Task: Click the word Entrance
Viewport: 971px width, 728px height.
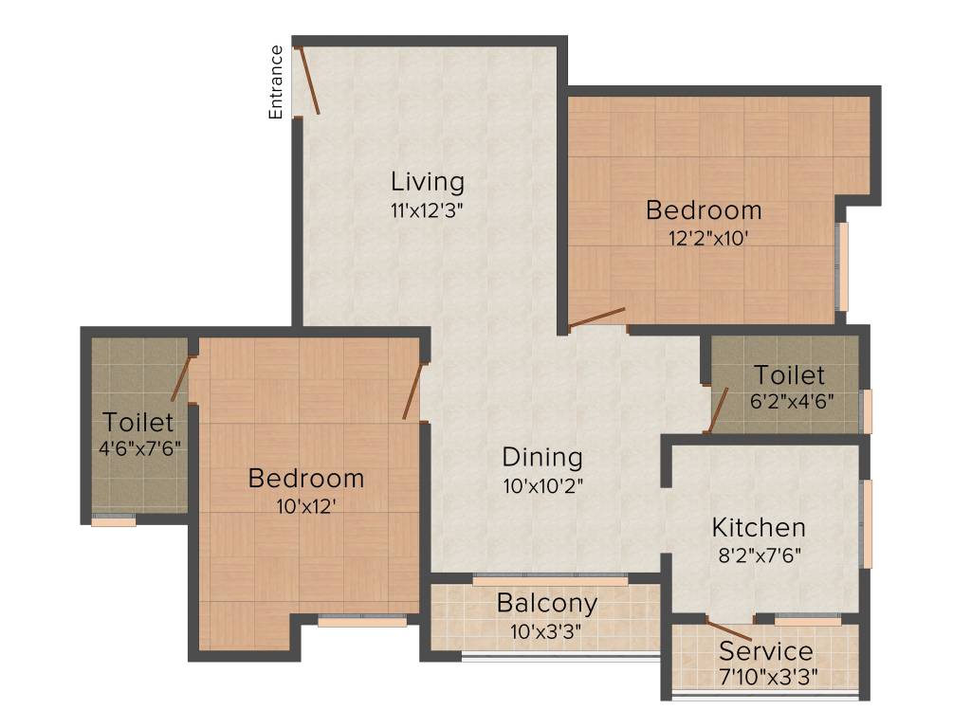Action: pyautogui.click(x=276, y=82)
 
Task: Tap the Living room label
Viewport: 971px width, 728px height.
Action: pyautogui.click(x=428, y=181)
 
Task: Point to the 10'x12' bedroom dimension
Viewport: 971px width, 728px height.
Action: pyautogui.click(x=305, y=506)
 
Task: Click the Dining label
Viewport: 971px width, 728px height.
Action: pyautogui.click(x=541, y=457)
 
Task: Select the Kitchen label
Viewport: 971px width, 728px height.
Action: pyautogui.click(x=759, y=527)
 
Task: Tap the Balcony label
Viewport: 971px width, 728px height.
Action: pyautogui.click(x=547, y=603)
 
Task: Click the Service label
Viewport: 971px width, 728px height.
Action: pyautogui.click(x=765, y=651)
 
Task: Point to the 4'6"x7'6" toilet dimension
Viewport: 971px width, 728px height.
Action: pyautogui.click(x=138, y=447)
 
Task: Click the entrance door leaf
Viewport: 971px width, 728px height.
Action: pyautogui.click(x=308, y=81)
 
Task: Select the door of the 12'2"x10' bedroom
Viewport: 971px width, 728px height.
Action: pyautogui.click(x=597, y=318)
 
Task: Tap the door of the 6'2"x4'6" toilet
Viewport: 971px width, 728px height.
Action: pyautogui.click(x=718, y=409)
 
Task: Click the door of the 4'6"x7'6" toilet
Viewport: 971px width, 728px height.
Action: pyautogui.click(x=180, y=377)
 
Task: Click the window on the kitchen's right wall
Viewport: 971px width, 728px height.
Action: pyautogui.click(x=865, y=524)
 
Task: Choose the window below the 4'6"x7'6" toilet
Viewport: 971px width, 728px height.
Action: pyautogui.click(x=114, y=520)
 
